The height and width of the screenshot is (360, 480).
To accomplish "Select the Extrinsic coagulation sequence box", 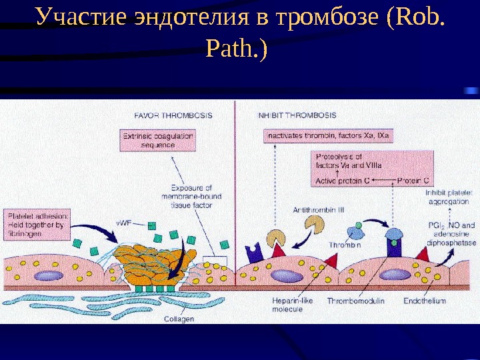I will click(x=157, y=140).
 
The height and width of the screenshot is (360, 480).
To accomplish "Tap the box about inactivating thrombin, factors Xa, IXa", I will click(x=329, y=136).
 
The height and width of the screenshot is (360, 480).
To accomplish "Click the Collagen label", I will click(x=179, y=319).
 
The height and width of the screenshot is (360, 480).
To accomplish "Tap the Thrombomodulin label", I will click(x=355, y=301).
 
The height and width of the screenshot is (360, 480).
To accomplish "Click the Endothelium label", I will click(x=425, y=301).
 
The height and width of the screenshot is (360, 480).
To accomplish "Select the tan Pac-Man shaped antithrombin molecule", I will click(x=277, y=239).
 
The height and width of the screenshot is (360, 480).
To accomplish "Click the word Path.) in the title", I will click(x=237, y=48).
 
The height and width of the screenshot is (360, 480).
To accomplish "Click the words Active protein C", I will click(x=343, y=181).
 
